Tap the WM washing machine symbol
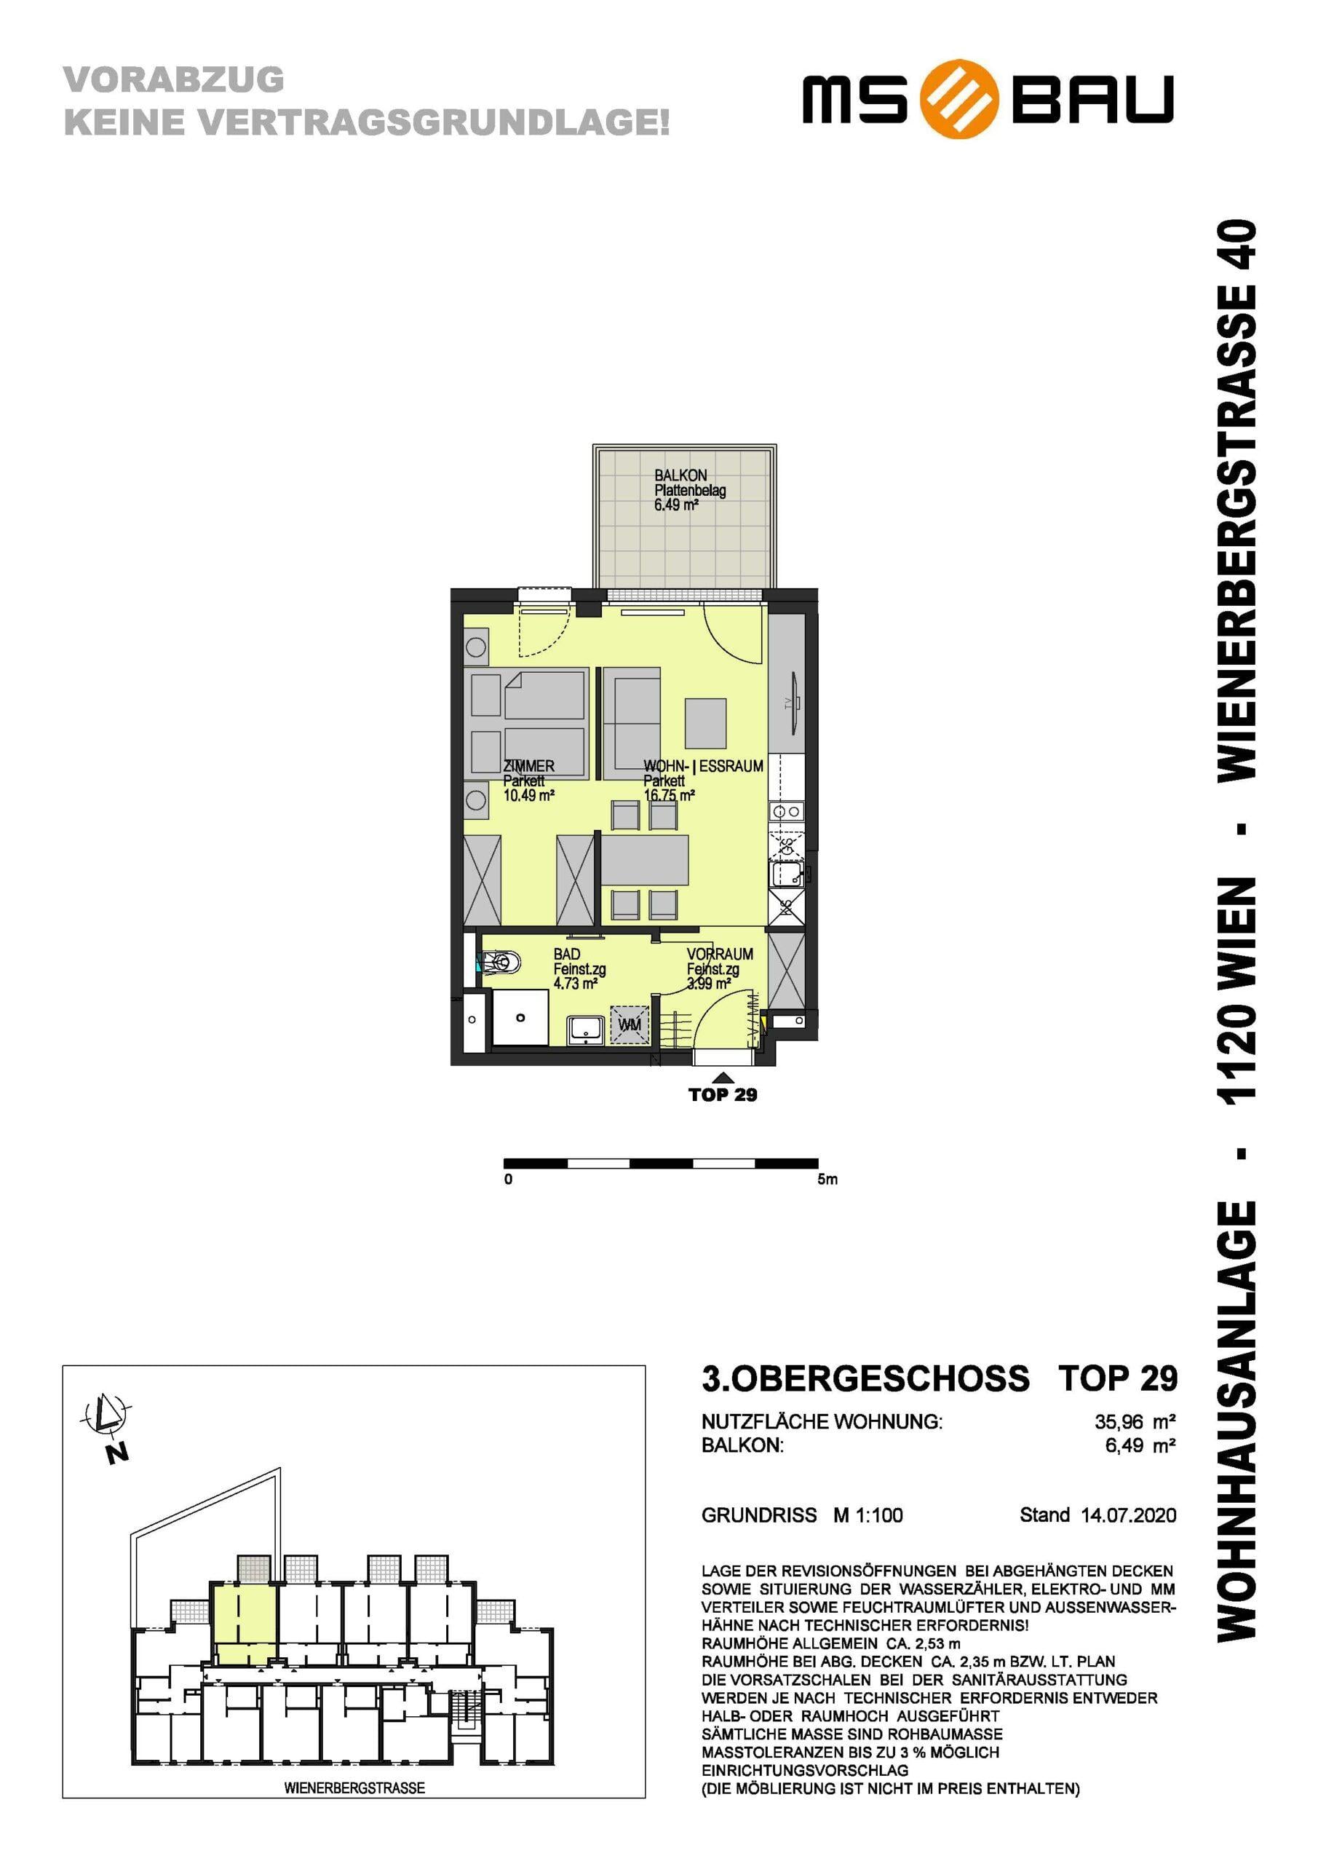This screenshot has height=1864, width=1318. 630,1024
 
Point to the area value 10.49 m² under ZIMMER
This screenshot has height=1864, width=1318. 528,796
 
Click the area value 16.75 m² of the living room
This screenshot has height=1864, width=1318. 669,796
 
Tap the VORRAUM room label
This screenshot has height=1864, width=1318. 720,954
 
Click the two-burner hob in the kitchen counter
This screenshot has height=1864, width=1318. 787,811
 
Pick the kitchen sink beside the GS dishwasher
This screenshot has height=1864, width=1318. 787,874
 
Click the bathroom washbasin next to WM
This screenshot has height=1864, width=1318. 584,1030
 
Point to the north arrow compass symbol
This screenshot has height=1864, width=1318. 105,1417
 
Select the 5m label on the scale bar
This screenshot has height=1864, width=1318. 827,1179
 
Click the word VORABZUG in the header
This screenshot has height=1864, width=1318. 174,79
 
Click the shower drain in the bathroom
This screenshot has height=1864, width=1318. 520,1017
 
